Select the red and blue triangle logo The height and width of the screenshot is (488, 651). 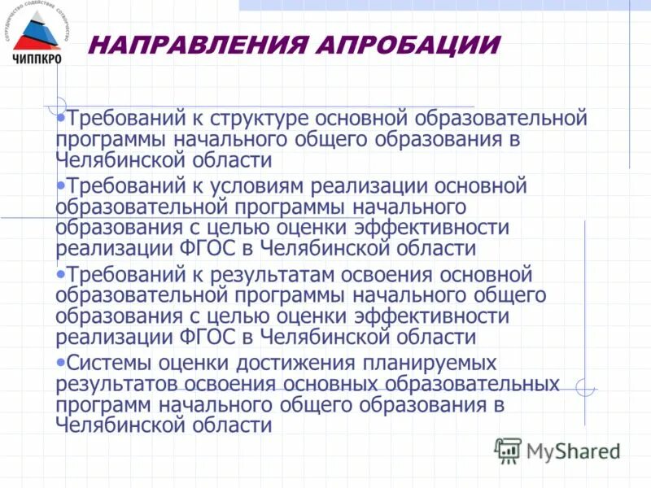pos(37,32)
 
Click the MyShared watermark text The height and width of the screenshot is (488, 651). pos(573,451)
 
